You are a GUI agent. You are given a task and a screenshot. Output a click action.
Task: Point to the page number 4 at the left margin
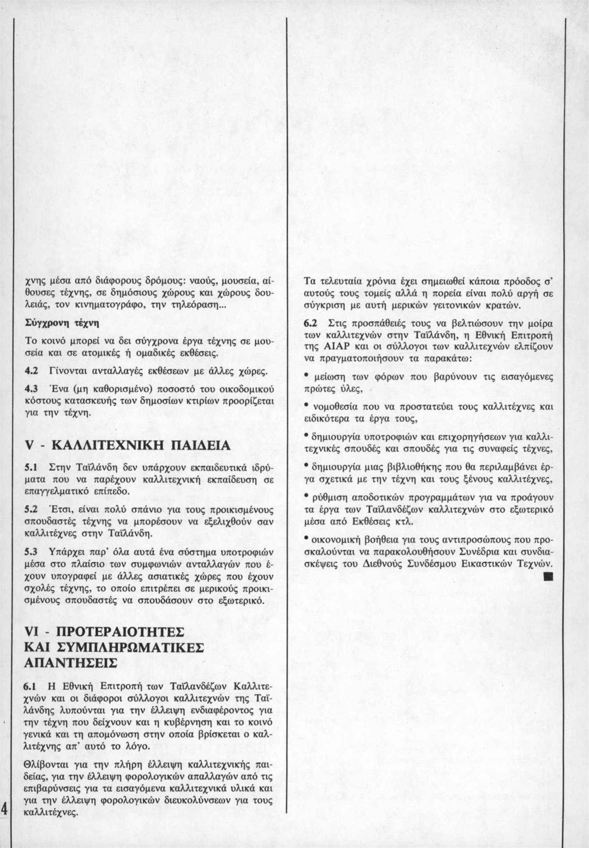(x=4, y=808)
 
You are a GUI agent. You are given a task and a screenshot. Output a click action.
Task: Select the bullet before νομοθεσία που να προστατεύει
(x=307, y=405)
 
